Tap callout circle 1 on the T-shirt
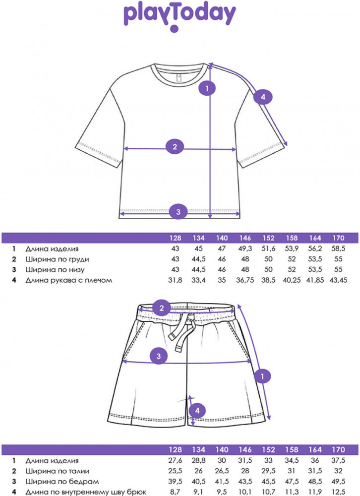(206, 89)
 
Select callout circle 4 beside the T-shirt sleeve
(263, 97)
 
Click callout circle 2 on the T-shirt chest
(175, 147)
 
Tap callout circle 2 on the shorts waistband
(161, 309)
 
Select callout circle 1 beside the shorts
(262, 376)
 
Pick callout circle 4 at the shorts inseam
(197, 410)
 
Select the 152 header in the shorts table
(268, 450)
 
